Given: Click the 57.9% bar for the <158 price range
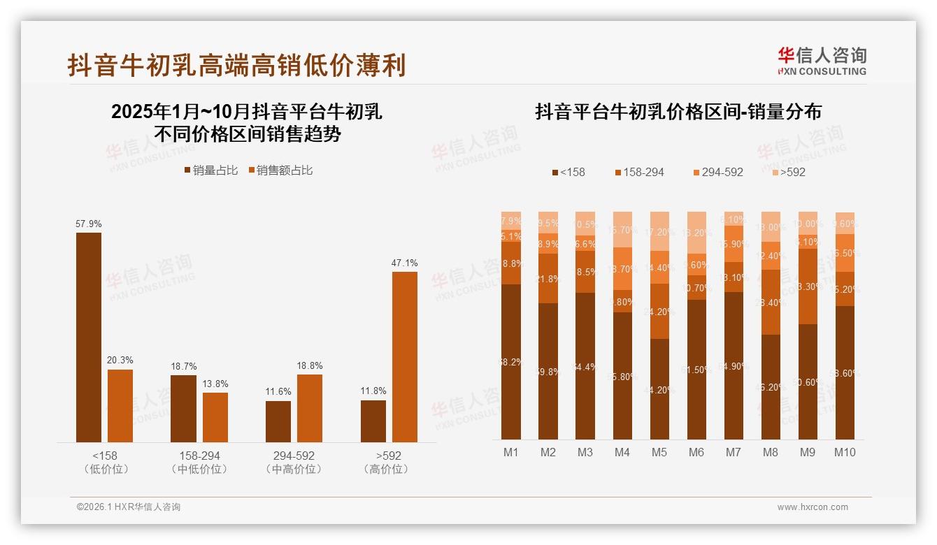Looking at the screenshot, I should coord(89,337).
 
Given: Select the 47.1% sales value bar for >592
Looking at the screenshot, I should coord(404,356).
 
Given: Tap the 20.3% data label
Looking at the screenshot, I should coord(120,360).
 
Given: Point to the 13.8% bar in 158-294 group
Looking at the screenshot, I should coord(215,417).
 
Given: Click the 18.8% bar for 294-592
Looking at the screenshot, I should coord(310,408).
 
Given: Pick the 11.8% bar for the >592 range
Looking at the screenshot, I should coord(373,421).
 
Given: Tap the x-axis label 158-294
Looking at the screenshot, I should coord(199,456).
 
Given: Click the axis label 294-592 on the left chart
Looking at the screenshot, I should coord(294,456).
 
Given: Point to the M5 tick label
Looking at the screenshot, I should coord(659,452).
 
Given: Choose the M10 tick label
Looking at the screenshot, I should coord(845,452).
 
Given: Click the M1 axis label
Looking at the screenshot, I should coord(511,452).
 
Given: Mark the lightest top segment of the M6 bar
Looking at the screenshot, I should coord(696,233).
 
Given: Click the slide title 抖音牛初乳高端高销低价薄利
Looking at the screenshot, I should coord(236,65).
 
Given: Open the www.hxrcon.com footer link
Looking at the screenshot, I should coord(813,507).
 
